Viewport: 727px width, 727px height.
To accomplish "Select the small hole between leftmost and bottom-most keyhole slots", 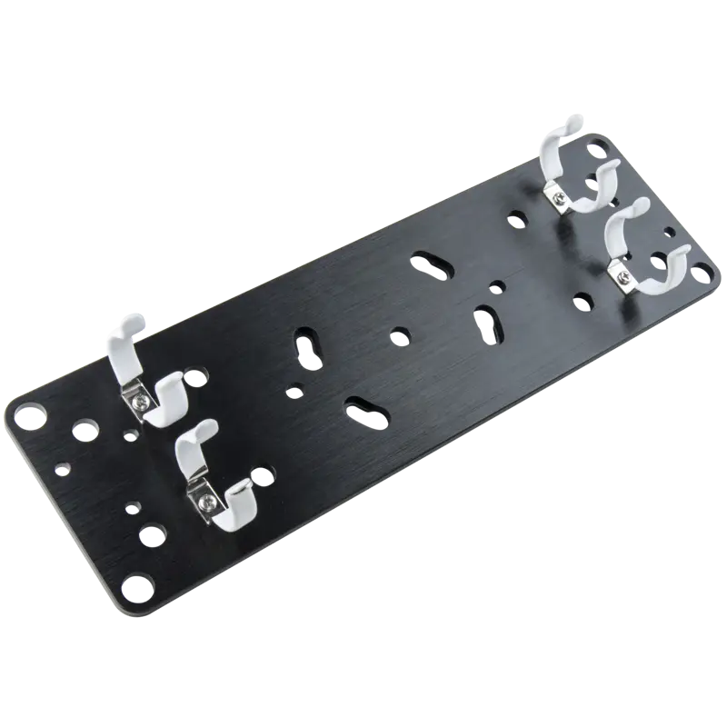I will (x=292, y=393).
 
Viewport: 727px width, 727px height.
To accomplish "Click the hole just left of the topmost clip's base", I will (x=516, y=218).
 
